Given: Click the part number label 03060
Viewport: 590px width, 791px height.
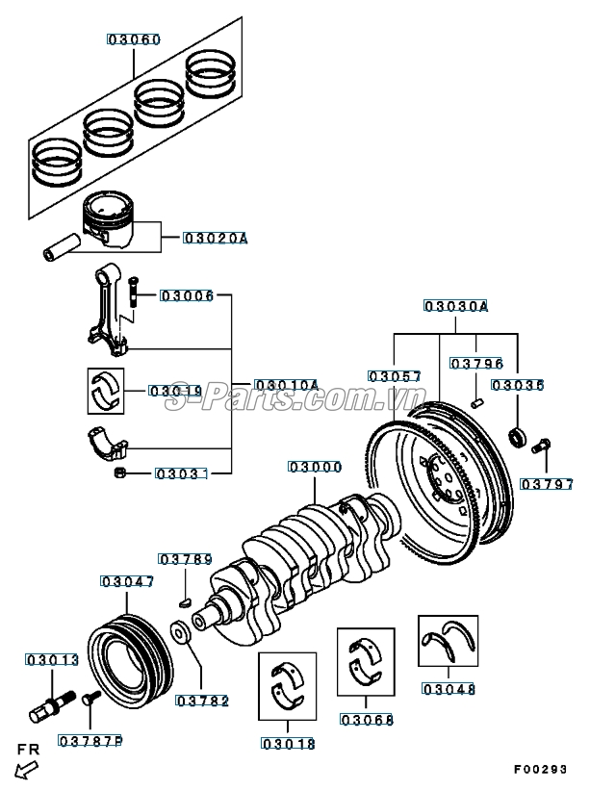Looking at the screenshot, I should (134, 40).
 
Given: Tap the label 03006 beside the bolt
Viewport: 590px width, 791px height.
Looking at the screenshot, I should (187, 295).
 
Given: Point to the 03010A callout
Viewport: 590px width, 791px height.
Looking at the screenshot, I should (286, 385).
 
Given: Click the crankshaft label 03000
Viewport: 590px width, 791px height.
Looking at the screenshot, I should (315, 467).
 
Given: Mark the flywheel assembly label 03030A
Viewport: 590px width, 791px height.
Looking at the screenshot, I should (455, 307).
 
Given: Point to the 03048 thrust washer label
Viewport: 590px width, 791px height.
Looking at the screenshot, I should (449, 688).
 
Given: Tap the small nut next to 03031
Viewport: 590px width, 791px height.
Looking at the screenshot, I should (120, 472).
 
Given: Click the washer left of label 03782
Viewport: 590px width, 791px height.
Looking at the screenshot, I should (180, 633).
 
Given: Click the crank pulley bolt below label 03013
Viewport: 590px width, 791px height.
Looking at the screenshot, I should (50, 703).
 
